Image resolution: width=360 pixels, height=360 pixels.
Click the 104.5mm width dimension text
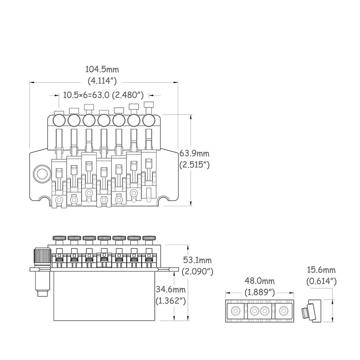(102, 69)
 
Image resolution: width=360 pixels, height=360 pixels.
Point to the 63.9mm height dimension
(194, 153)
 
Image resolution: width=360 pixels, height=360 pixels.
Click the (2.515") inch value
(194, 165)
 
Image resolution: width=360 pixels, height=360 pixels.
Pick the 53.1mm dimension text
(197, 260)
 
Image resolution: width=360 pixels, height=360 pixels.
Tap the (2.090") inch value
(197, 271)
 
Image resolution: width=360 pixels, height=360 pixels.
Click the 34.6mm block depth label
(171, 289)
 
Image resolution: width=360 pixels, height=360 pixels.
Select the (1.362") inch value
(171, 301)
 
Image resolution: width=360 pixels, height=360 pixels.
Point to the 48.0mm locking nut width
(260, 280)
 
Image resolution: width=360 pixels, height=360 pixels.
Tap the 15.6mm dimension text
(321, 269)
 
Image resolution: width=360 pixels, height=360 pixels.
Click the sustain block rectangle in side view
(104, 295)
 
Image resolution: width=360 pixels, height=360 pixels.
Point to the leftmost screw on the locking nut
(236, 310)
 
